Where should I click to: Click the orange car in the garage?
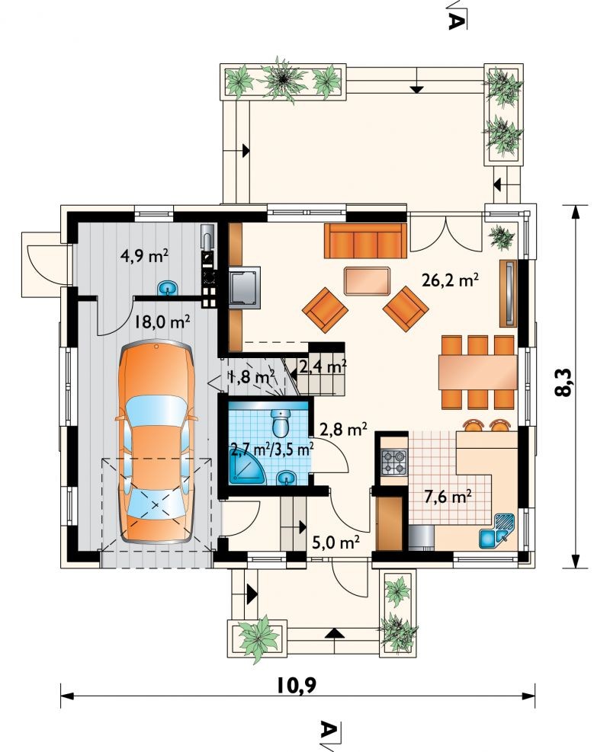pyautogui.click(x=157, y=442)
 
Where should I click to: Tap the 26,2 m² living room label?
pyautogui.click(x=450, y=280)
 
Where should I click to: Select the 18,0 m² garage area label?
pyautogui.click(x=162, y=322)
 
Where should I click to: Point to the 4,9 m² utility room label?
pyautogui.click(x=144, y=257)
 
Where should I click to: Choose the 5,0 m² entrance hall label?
pyautogui.click(x=336, y=542)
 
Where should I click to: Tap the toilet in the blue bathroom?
pyautogui.click(x=280, y=421)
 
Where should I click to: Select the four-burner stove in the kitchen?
pyautogui.click(x=392, y=462)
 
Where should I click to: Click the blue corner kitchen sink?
pyautogui.click(x=496, y=530)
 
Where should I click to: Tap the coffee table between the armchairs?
pyautogui.click(x=367, y=281)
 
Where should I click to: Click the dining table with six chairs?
pyautogui.click(x=477, y=372)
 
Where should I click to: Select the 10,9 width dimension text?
pyautogui.click(x=296, y=686)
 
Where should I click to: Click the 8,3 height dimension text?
pyautogui.click(x=563, y=382)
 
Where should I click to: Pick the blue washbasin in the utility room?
pyautogui.click(x=168, y=288)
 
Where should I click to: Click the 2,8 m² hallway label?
pyautogui.click(x=344, y=429)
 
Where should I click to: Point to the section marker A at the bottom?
pyautogui.click(x=329, y=734)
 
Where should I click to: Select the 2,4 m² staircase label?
pyautogui.click(x=323, y=367)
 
